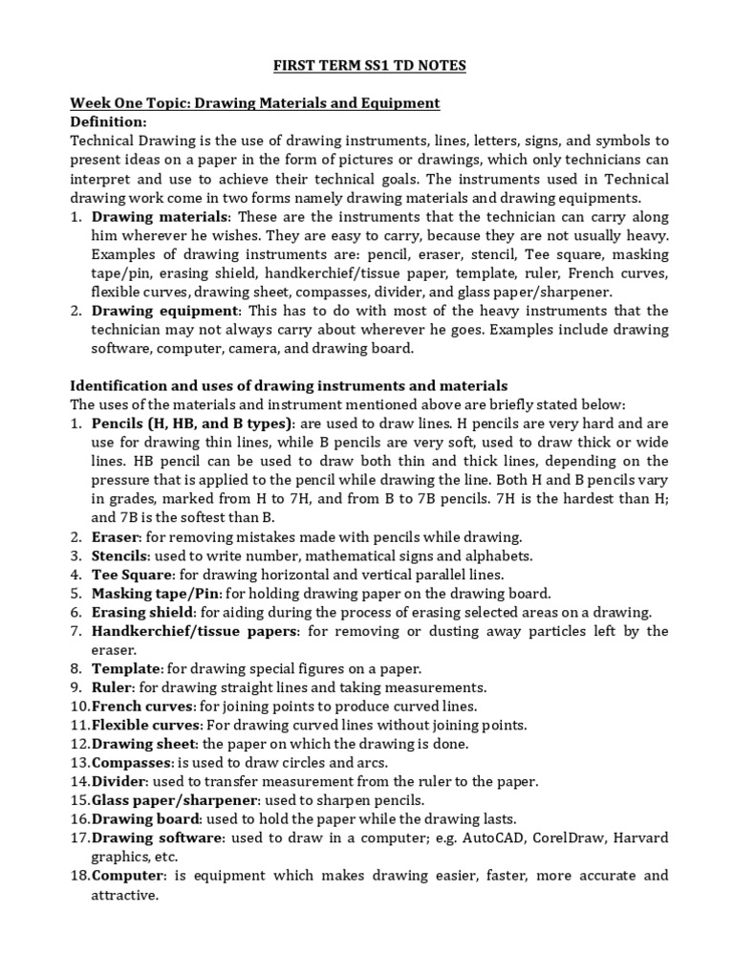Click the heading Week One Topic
(x=255, y=103)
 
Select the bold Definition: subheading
(x=109, y=122)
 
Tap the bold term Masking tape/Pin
(x=151, y=593)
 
